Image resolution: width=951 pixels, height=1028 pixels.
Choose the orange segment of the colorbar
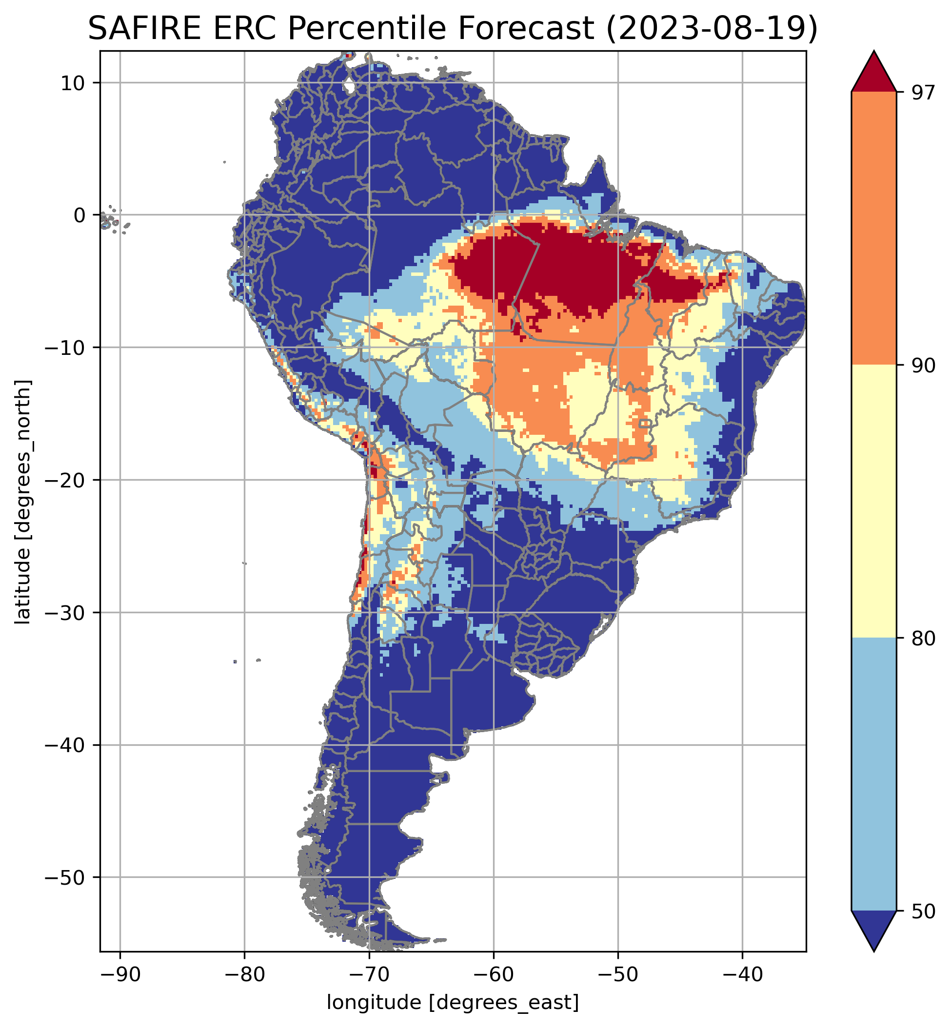[x=874, y=229]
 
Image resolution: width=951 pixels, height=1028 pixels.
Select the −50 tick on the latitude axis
[x=65, y=877]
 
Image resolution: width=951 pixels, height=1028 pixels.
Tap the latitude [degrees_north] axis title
[x=23, y=502]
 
